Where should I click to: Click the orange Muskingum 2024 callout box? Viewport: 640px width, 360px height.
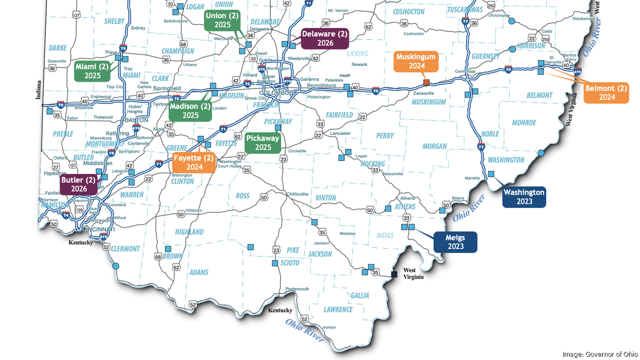point(416,61)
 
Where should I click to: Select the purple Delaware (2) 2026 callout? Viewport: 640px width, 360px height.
point(325,38)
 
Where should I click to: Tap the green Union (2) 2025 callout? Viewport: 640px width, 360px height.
point(222,20)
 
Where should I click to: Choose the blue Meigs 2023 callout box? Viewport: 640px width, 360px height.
point(455,242)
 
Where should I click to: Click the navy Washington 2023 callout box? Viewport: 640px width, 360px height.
point(524,197)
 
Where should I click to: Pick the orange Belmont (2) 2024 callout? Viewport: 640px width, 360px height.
point(606,92)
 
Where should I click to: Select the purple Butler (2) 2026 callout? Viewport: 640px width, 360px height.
point(78,184)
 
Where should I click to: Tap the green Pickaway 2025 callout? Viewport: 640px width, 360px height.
point(263,142)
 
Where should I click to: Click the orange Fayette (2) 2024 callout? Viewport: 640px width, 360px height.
point(194,163)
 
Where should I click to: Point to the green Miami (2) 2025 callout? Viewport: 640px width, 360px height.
point(92,70)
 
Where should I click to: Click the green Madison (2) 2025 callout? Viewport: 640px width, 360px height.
point(190,110)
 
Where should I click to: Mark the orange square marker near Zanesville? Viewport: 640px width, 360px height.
point(426,83)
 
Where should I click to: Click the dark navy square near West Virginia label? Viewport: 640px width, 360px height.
point(394,274)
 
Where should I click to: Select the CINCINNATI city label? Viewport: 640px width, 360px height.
point(96,229)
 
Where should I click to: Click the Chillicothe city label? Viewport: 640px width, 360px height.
point(297,194)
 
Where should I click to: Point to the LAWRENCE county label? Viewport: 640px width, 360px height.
point(338,310)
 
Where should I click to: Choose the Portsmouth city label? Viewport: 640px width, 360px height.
point(297,289)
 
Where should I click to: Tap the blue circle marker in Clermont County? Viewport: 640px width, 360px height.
point(116,266)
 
